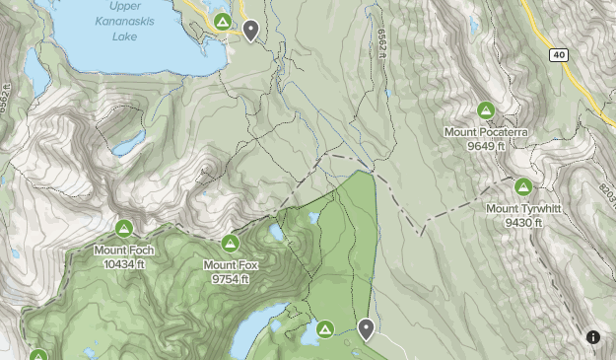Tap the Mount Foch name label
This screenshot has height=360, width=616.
(x=124, y=251)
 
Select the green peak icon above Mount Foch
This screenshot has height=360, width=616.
(x=124, y=230)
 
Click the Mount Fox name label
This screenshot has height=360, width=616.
(x=231, y=264)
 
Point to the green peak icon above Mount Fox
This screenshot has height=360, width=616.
(x=231, y=244)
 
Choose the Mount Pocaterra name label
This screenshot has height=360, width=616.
(x=486, y=132)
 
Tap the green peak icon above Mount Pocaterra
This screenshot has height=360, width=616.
(x=485, y=111)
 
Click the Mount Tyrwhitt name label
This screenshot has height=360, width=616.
(x=523, y=208)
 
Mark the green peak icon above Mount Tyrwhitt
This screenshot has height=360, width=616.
(x=523, y=187)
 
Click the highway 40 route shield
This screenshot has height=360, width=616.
(x=560, y=55)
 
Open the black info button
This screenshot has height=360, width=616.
(x=593, y=337)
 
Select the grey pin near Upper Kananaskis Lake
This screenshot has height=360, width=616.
(x=252, y=32)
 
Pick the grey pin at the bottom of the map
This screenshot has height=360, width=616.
(x=366, y=329)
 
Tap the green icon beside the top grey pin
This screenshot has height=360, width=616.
(x=223, y=22)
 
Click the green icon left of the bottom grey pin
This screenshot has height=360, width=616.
(x=325, y=328)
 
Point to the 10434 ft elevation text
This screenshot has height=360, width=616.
(x=124, y=263)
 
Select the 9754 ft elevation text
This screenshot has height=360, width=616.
(x=231, y=278)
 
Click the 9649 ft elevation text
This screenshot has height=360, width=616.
(x=486, y=145)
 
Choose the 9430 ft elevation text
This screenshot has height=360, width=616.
(x=523, y=222)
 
